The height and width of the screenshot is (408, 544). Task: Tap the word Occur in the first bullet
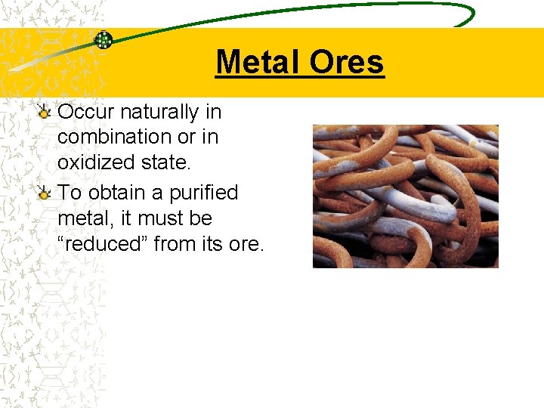point(85,113)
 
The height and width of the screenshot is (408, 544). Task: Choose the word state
point(167,162)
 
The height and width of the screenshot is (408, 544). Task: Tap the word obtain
point(117,193)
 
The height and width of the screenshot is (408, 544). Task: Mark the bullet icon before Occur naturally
point(45,113)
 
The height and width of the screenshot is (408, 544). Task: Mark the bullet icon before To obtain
point(45,193)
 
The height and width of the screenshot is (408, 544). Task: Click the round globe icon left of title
point(103,40)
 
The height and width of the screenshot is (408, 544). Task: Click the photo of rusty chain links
point(405,196)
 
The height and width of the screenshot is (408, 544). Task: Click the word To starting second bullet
point(70,193)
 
